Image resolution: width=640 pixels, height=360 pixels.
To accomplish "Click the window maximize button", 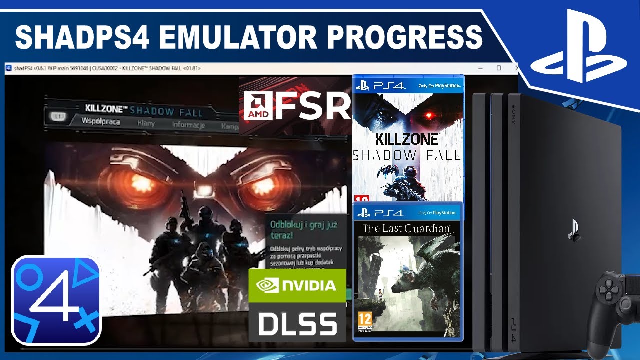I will tap(498, 68).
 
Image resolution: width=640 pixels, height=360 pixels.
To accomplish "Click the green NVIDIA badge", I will tap(297, 285).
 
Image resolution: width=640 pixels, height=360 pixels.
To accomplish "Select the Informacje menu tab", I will tap(188, 125).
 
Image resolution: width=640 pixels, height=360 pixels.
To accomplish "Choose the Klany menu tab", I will tap(146, 123).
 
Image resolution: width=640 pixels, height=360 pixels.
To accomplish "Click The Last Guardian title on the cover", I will tap(406, 229).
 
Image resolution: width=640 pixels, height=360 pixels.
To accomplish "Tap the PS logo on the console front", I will tap(573, 231).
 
